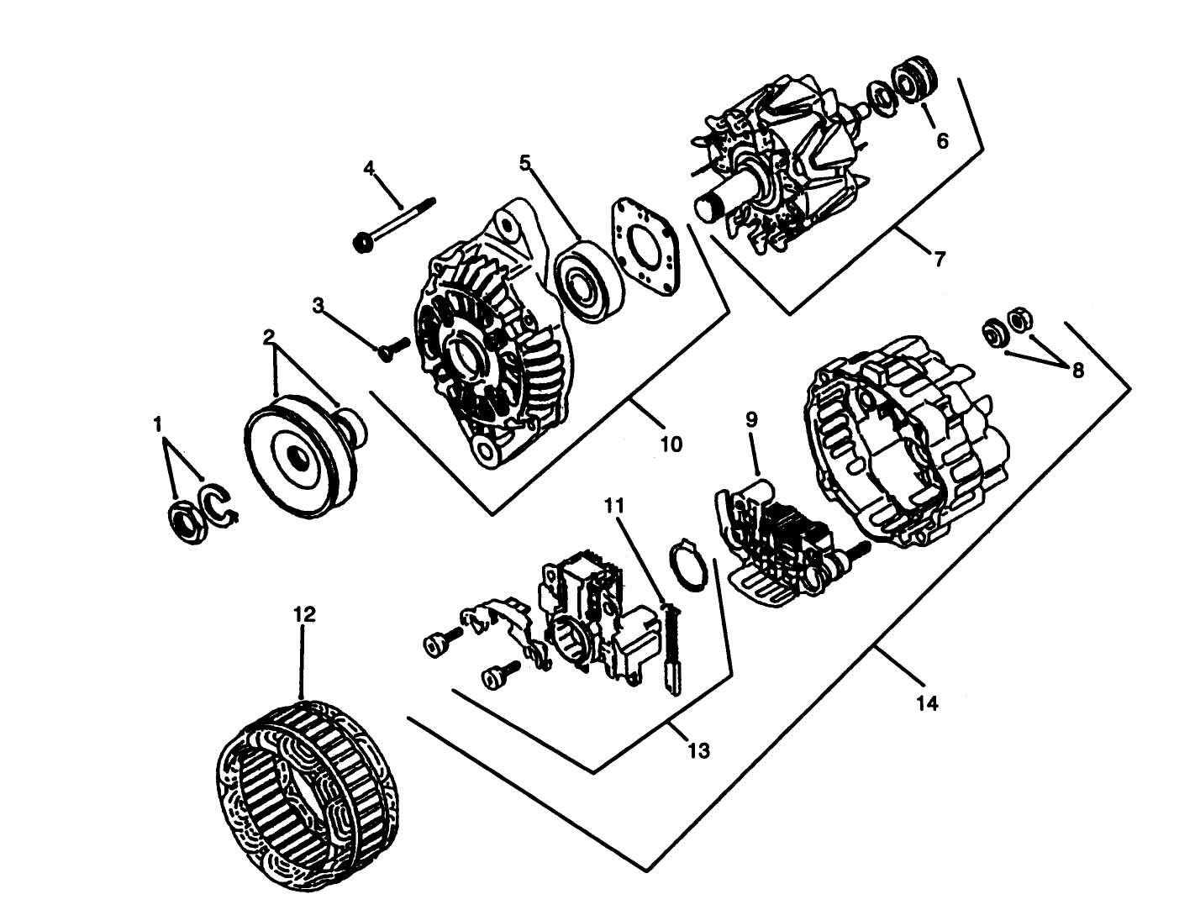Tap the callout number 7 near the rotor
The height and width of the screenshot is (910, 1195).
(939, 259)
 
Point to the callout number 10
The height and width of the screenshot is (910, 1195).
(671, 443)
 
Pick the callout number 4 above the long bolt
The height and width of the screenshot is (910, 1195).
(369, 167)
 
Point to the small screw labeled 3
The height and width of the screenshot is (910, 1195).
(392, 349)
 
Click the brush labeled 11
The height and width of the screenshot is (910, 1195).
(672, 647)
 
